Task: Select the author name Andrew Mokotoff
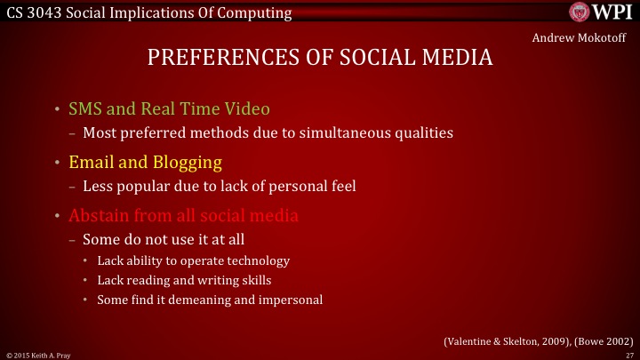pos(579,38)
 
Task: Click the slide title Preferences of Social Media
pos(319,59)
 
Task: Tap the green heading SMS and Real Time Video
pos(169,110)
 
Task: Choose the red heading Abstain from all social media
pos(183,216)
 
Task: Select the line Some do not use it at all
pos(163,239)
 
